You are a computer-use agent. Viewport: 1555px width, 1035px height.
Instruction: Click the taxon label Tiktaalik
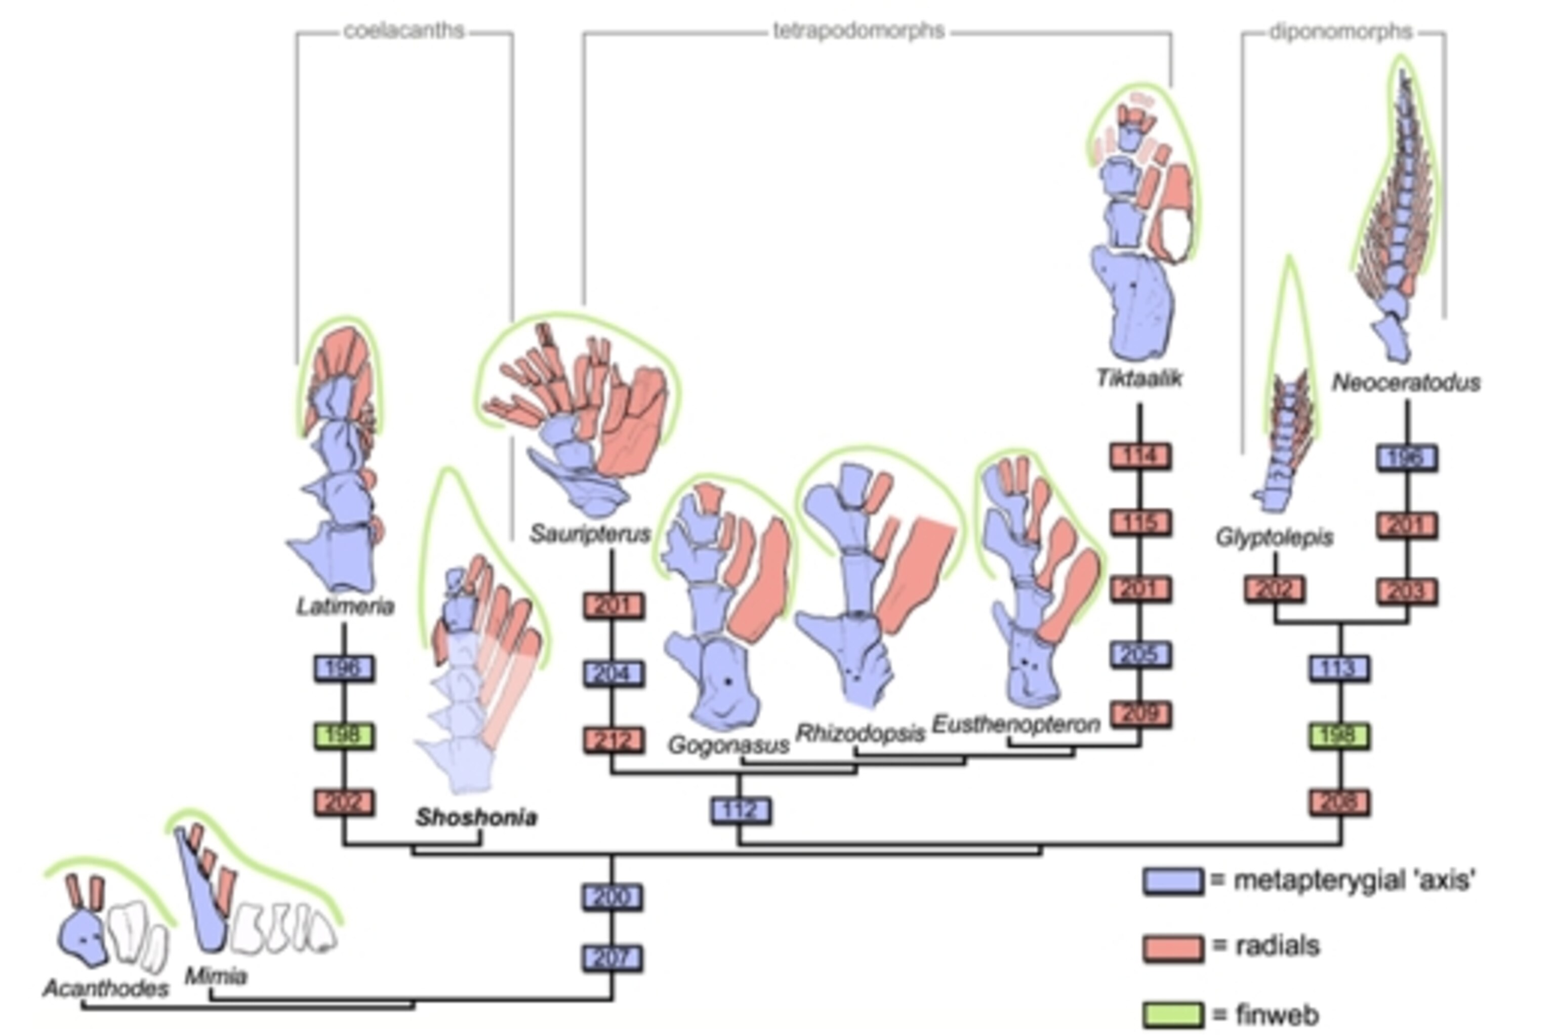[1139, 379]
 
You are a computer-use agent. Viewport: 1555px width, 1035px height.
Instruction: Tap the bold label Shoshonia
[476, 817]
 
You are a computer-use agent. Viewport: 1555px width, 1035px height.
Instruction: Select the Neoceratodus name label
[1406, 382]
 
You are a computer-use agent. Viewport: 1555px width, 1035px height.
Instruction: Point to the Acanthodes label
[106, 988]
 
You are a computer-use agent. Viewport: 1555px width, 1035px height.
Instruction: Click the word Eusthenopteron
[1016, 724]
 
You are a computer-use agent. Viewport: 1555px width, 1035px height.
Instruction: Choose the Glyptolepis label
[1275, 538]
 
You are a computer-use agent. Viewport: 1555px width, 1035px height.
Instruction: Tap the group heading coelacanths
[404, 31]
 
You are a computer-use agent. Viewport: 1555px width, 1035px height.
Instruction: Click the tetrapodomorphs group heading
[859, 31]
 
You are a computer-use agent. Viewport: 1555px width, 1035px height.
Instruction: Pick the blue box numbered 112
[740, 811]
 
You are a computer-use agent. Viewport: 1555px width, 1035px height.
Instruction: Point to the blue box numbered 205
[1140, 654]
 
